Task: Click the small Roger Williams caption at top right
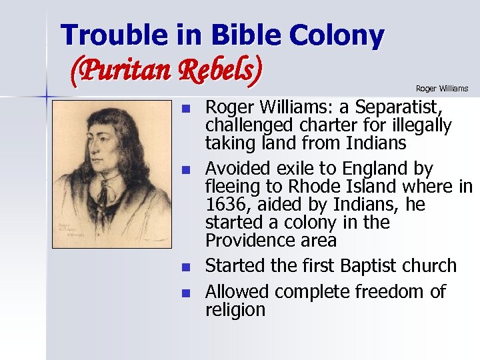click(442, 89)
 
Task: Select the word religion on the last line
click(235, 310)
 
